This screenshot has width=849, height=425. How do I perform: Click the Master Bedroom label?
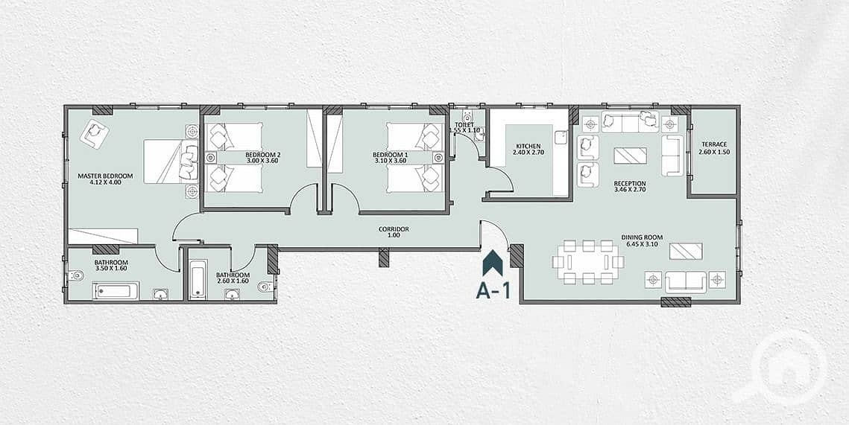105,176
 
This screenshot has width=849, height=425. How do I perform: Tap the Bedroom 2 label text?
262,153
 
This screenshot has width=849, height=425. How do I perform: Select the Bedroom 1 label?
391,153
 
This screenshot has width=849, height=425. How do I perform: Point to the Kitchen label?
528,146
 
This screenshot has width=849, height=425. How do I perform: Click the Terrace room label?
713,144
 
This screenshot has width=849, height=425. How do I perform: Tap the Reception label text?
630,183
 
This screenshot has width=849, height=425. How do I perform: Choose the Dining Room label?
642,237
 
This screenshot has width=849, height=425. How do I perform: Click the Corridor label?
394,229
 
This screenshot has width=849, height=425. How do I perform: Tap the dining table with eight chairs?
587,262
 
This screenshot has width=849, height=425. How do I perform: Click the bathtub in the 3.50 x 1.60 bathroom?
116,291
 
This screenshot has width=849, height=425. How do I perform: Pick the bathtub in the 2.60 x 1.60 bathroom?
198,278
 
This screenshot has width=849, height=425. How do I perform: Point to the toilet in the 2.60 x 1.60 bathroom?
265,287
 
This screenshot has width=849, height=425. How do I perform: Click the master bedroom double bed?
171,161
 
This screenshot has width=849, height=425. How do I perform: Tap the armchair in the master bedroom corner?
95,132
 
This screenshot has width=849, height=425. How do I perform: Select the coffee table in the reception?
630,155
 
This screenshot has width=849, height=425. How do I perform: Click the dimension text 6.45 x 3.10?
643,244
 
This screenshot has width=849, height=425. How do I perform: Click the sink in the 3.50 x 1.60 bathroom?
161,294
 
